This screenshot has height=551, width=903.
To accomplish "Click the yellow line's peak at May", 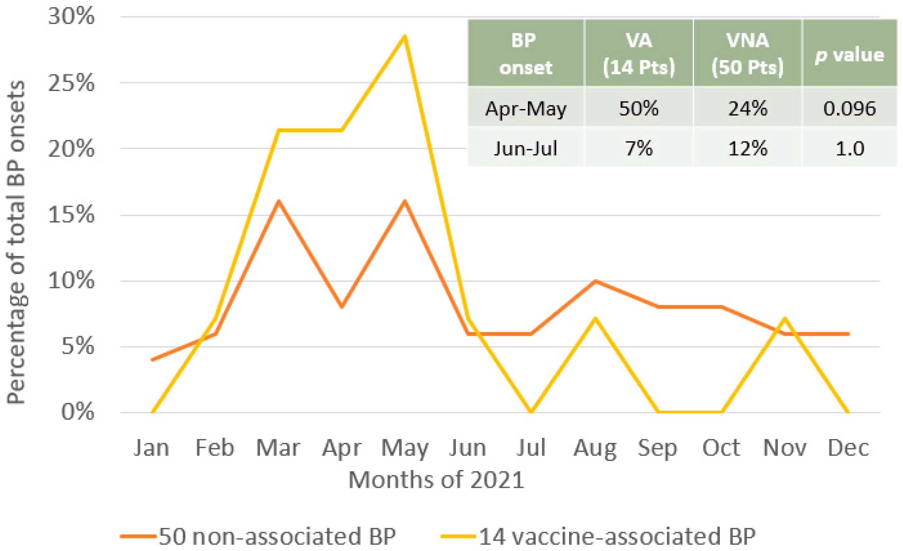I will tap(404, 36).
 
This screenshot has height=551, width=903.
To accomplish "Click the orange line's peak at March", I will tap(278, 201).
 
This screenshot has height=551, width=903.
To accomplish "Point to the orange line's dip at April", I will tap(342, 306).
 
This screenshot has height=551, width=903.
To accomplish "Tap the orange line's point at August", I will tap(595, 281).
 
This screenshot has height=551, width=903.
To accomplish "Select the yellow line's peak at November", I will tap(785, 318).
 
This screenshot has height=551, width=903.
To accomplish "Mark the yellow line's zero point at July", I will tap(531, 412).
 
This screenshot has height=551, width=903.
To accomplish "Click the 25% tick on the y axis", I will tap(72, 83).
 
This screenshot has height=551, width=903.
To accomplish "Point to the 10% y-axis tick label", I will tap(72, 281).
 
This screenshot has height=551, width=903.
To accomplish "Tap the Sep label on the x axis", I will tap(657, 448).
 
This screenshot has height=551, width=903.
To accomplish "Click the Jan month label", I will tap(151, 448).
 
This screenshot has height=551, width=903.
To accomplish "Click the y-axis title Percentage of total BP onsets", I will tap(16, 242).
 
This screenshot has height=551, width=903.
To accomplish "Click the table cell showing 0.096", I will tap(849, 108).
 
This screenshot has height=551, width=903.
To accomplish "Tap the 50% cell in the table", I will tap(639, 108).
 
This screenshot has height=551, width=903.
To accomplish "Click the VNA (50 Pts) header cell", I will tap(748, 54).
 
